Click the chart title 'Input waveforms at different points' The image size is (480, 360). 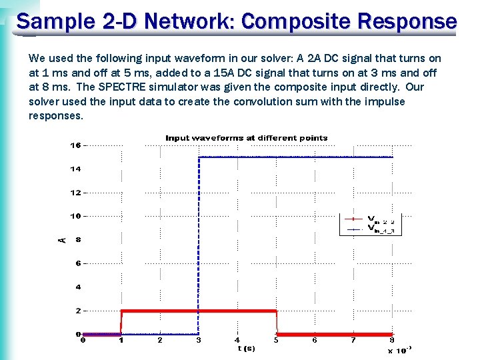[247, 138]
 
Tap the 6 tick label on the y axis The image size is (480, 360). [78, 263]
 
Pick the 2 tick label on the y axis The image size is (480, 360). [78, 311]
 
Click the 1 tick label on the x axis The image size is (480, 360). [121, 341]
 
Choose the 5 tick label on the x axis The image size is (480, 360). [276, 341]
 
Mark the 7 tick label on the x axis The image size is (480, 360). [353, 341]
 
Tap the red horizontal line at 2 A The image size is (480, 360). [200, 311]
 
